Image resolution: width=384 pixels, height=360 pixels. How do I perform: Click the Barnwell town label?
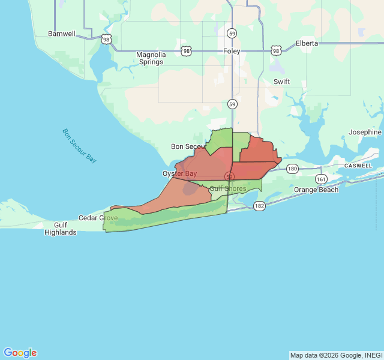coord(62,34)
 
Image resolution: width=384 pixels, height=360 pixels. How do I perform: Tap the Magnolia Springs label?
coord(151,58)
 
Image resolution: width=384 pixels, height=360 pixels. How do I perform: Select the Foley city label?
coord(232,52)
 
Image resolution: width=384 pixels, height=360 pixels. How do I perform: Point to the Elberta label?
coord(307,44)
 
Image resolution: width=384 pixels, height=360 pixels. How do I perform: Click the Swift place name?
coord(281,82)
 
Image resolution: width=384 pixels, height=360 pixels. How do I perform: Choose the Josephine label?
coord(365,132)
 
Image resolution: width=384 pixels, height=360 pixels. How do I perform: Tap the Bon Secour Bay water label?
coord(79,146)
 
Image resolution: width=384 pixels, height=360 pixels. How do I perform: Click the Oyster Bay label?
coord(180,173)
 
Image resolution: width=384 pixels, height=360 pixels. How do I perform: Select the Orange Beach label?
coord(316,190)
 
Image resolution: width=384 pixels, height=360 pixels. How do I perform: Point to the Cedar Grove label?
coord(98,218)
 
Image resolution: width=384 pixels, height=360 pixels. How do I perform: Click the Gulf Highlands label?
coord(61,228)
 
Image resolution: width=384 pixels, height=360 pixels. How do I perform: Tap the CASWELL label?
coord(358,166)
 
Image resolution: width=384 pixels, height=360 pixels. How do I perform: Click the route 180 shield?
coord(292,169)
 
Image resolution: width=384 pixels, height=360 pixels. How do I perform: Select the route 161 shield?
coord(322,179)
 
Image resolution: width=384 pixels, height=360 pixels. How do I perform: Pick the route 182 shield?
coord(259,205)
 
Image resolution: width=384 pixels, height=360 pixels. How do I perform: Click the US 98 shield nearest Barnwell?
coord(106,39)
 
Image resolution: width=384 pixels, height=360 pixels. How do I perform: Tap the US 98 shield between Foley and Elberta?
coord(275,50)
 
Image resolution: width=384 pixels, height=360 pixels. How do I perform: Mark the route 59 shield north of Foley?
coord(232,34)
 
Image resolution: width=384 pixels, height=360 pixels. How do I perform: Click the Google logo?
coord(20,353)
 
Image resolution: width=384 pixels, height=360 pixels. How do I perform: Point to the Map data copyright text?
coord(336,355)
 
